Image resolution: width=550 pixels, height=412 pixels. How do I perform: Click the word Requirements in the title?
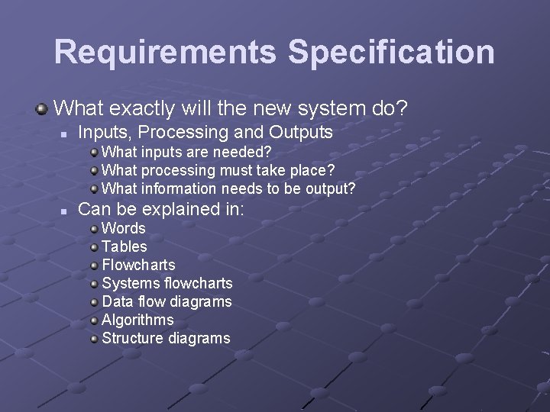(x=166, y=52)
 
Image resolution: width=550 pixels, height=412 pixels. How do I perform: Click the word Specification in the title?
(x=391, y=52)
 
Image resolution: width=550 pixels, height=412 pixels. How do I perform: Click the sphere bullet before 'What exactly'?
(x=41, y=109)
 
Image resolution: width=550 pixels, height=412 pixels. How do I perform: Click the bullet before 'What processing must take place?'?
(x=93, y=170)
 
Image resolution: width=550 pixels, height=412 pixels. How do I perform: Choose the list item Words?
(x=123, y=228)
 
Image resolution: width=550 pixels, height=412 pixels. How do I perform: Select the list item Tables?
(x=124, y=246)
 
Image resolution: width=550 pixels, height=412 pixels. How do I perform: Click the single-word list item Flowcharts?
(x=138, y=265)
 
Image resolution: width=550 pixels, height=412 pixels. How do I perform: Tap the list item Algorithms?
(x=137, y=320)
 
